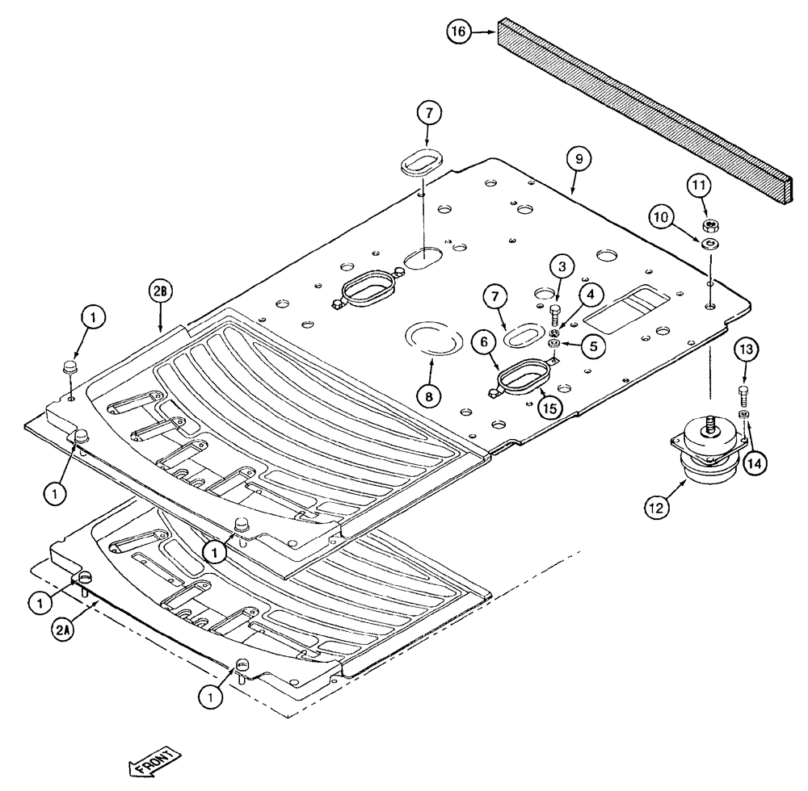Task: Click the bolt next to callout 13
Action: point(744,395)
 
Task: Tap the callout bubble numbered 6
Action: point(486,342)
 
